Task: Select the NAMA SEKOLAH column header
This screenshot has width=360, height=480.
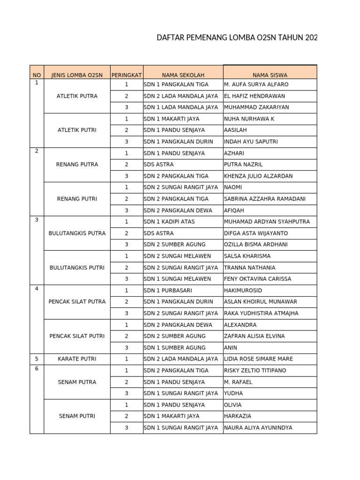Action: [183, 75]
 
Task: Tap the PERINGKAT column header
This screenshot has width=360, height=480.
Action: [127, 75]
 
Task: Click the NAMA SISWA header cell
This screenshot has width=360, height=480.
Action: [270, 75]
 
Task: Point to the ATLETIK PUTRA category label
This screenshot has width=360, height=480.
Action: [77, 96]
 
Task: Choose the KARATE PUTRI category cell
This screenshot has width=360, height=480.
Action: [77, 359]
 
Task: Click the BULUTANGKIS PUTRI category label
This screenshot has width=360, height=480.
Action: [77, 268]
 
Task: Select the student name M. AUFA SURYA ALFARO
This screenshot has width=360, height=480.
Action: [256, 85]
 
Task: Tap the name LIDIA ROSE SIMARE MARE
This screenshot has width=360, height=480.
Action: [259, 359]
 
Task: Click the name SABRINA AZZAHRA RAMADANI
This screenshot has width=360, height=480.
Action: [265, 199]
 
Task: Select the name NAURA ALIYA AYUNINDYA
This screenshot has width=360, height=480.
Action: [258, 428]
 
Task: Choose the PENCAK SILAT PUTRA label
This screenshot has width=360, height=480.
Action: [77, 302]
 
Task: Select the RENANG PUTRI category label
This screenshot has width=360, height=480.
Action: [77, 199]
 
